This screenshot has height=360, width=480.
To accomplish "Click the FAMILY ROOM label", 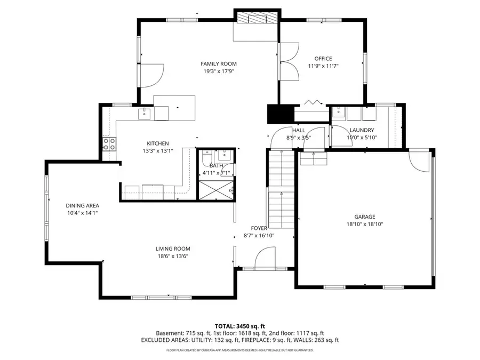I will (x=218, y=63).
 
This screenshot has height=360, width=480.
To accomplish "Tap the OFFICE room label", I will (x=323, y=59).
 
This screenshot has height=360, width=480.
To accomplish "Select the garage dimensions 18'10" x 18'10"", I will (x=365, y=224).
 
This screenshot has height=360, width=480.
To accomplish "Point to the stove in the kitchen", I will (x=110, y=143).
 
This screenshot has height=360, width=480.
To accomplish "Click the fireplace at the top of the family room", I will (x=257, y=18).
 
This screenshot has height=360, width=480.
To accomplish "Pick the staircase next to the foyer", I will (x=281, y=189).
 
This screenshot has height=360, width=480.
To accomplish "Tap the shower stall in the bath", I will (x=215, y=190).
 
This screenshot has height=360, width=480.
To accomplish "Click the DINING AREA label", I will (x=82, y=205).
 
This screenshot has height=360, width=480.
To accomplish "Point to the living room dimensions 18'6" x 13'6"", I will (x=173, y=256).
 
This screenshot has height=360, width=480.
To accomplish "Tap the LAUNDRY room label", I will (x=362, y=130).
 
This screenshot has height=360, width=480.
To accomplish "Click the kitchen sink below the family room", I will (x=144, y=113).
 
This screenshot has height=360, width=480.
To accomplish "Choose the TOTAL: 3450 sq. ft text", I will (x=239, y=325).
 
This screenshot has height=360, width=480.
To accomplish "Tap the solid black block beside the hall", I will (x=280, y=114).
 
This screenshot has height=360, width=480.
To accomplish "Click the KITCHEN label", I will (x=158, y=143).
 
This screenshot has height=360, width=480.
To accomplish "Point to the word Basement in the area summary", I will (x=169, y=333).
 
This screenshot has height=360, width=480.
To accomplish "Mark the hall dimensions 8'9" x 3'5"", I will (x=298, y=138).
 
